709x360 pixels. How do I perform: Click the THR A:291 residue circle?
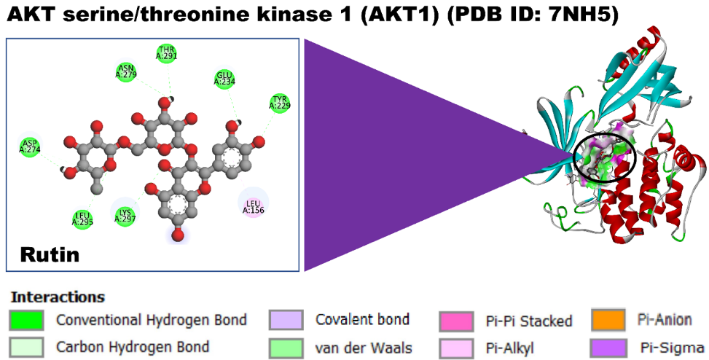pyautogui.click(x=167, y=53)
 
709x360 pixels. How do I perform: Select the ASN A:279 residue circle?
pyautogui.click(x=127, y=71)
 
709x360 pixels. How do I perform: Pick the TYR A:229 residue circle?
pyautogui.click(x=278, y=103)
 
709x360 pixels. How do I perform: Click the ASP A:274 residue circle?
pyautogui.click(x=29, y=146)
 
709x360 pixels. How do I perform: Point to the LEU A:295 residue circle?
pyautogui.click(x=84, y=218)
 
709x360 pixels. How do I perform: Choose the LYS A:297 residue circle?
pyautogui.click(x=125, y=214)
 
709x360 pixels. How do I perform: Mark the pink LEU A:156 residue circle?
pyautogui.click(x=252, y=206)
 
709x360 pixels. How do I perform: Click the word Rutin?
pyautogui.click(x=50, y=255)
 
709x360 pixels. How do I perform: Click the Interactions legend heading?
pyautogui.click(x=58, y=297)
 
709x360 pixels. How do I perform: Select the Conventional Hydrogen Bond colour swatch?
pyautogui.click(x=27, y=319)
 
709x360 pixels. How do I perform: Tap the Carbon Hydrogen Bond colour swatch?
pyautogui.click(x=27, y=347)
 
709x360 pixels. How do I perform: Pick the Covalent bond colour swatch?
pyautogui.click(x=286, y=319)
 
